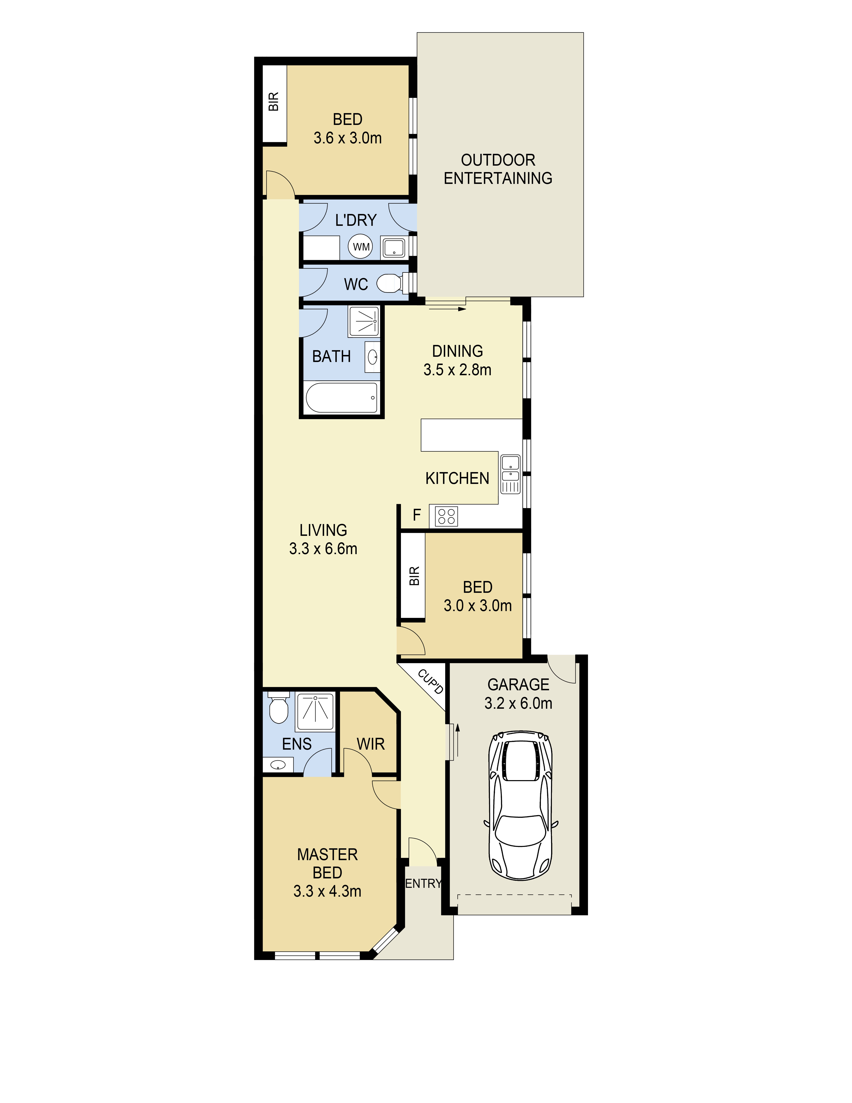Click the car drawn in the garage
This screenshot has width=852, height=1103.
point(520,806)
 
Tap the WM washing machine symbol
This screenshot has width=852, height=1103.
point(360,247)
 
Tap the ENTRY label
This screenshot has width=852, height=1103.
point(423,883)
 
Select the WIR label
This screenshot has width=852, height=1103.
point(370,744)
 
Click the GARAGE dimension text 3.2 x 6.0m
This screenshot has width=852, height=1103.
point(518,703)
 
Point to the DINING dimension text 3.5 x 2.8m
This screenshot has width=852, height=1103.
point(457,370)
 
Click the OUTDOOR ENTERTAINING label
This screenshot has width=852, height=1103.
point(498,169)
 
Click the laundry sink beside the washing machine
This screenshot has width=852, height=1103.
point(394,248)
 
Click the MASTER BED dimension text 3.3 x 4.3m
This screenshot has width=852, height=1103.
point(327,891)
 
